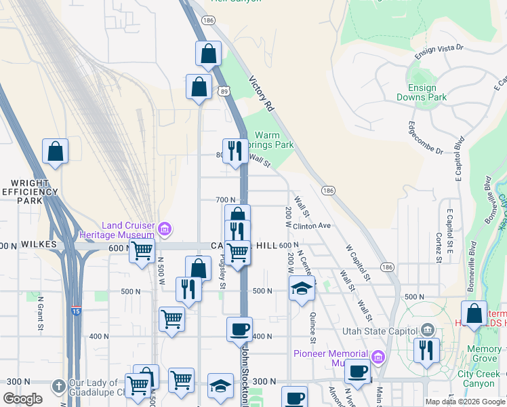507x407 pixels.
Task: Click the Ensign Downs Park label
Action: coord(427,92)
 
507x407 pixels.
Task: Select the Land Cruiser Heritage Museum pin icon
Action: coord(164,229)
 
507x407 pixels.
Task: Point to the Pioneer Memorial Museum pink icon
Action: coord(378,355)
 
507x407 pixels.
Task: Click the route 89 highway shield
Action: coord(224,90)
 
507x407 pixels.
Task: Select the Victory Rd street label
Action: coord(260,94)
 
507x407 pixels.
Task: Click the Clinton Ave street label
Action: coord(311,225)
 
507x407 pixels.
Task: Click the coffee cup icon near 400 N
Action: coord(239,330)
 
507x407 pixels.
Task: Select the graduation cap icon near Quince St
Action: coord(302,289)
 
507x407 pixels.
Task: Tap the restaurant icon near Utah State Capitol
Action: coord(426,351)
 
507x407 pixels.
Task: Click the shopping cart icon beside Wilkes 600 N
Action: coord(142,251)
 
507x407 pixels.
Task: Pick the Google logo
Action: coord(23,399)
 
